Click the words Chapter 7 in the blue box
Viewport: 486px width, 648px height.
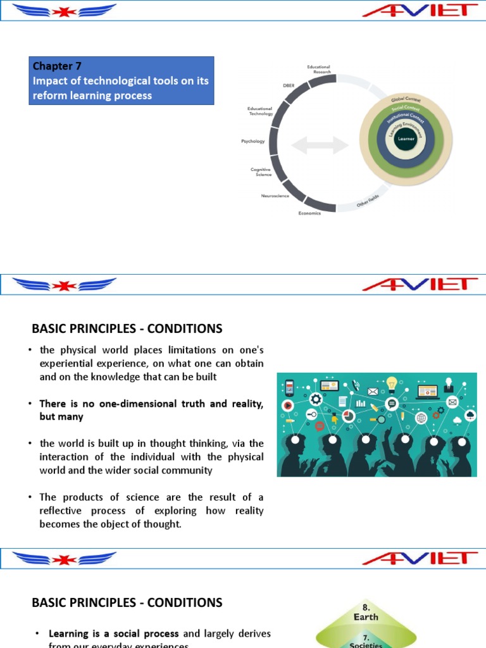click(57, 66)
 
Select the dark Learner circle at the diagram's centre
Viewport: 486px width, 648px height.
click(406, 139)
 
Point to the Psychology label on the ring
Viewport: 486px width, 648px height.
click(253, 141)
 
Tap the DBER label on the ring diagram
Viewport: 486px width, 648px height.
click(288, 85)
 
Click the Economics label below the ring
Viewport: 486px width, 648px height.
click(310, 213)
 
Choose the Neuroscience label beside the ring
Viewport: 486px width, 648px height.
click(275, 196)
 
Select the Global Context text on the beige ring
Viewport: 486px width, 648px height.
click(406, 101)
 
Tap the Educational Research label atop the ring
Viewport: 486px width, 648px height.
click(318, 68)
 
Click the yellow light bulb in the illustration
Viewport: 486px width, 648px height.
click(392, 383)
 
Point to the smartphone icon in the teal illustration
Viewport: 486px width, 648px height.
click(289, 386)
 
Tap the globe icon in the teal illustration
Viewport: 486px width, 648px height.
click(421, 418)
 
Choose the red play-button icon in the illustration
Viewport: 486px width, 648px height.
click(288, 404)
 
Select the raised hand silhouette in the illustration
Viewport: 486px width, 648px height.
click(387, 437)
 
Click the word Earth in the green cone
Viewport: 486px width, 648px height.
click(366, 616)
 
